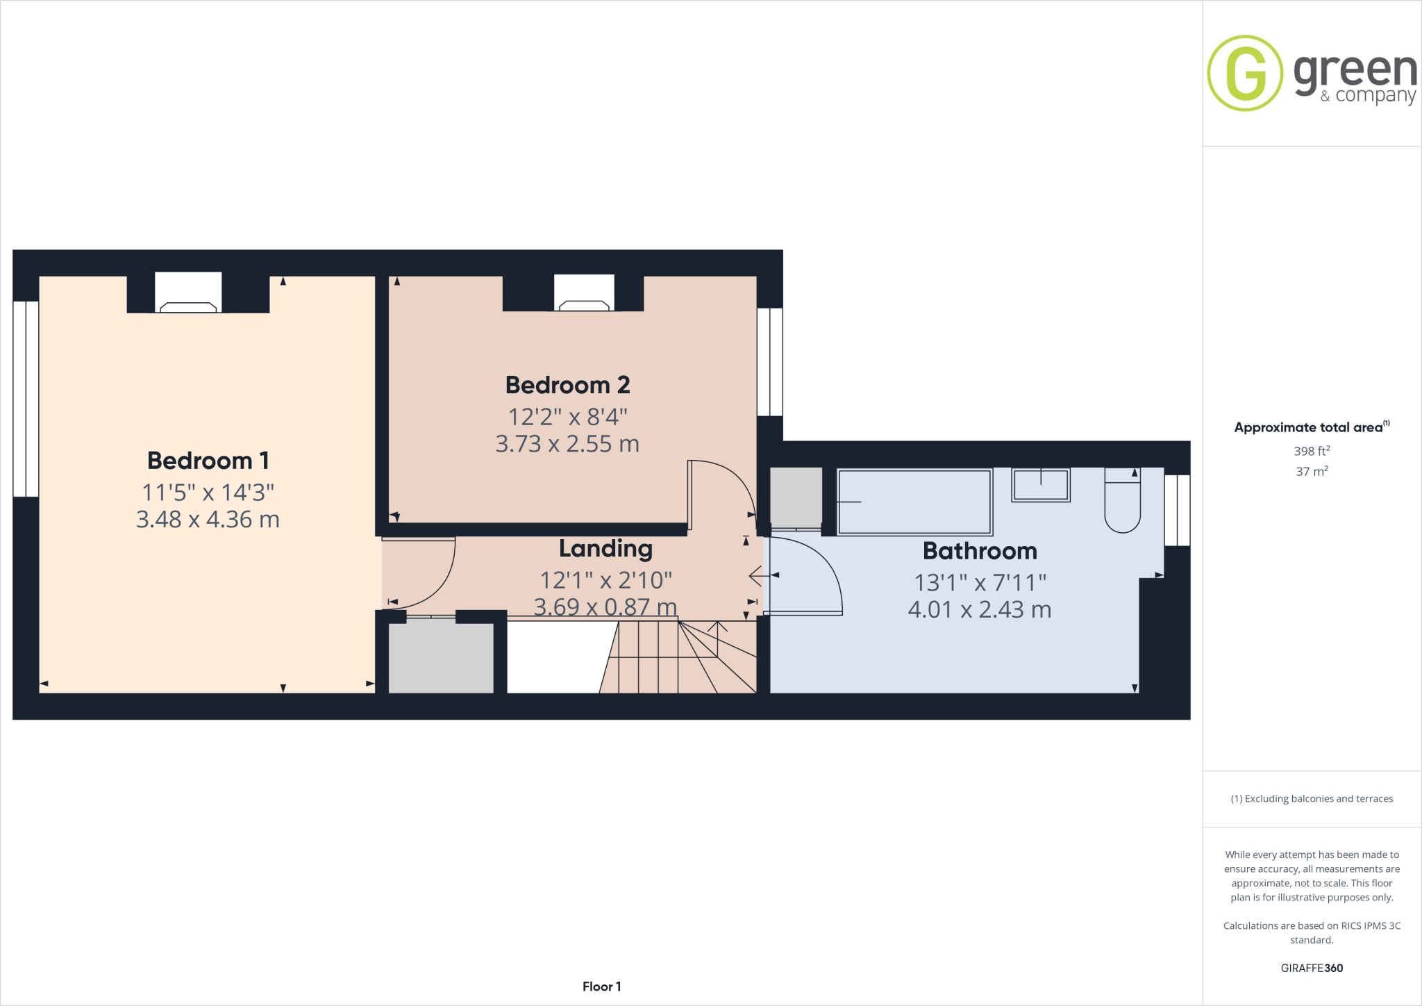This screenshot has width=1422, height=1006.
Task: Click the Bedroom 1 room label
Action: [x=208, y=461]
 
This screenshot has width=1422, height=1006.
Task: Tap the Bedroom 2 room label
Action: [x=567, y=385]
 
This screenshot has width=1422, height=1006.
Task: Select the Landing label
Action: [x=605, y=549]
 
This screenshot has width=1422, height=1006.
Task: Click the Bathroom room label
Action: [x=980, y=551]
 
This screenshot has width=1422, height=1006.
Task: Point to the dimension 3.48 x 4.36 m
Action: [x=208, y=520]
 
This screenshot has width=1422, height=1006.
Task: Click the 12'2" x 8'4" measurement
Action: [x=567, y=417]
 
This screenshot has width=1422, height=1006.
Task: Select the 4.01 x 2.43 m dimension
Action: [x=980, y=610]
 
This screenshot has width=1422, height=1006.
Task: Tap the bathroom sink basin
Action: [x=1040, y=485]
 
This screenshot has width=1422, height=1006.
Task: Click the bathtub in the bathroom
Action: [x=914, y=502]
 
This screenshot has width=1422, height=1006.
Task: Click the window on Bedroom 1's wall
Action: [x=26, y=399]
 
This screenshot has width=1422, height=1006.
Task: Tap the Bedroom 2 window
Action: [x=769, y=362]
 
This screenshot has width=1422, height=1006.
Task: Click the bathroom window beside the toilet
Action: [x=1177, y=510]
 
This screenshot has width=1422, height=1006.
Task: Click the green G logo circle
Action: [x=1245, y=73]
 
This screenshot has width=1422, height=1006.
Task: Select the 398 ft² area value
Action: [x=1311, y=451]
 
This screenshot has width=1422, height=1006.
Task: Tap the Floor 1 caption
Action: [x=601, y=987]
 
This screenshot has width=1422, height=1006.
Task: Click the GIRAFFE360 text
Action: [x=1312, y=968]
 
